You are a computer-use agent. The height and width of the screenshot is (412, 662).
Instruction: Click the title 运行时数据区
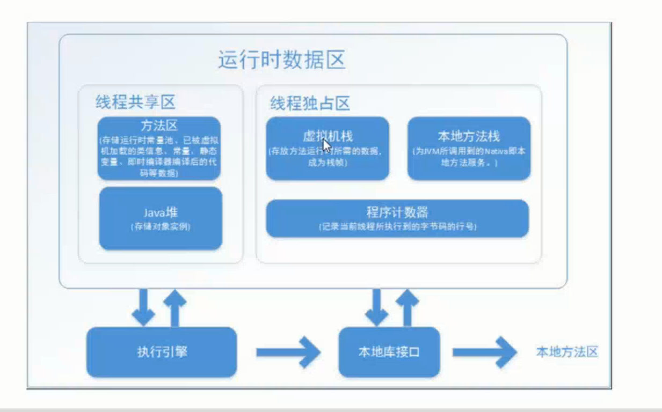281,60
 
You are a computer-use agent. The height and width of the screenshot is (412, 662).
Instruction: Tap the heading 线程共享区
135,101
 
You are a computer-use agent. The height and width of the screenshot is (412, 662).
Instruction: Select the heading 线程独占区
310,104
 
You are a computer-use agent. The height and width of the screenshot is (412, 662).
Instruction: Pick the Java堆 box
161,218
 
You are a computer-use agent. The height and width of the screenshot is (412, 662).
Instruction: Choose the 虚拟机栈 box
328,149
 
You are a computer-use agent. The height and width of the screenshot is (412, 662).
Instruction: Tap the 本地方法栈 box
469,149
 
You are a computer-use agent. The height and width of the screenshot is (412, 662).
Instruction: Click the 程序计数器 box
397,218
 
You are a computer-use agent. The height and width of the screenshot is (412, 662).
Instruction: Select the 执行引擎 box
162,352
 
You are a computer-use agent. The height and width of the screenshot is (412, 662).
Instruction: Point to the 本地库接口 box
389,352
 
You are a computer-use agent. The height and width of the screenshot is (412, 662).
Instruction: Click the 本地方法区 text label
567,352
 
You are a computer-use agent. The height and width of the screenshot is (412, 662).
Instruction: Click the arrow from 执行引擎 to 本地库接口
288,352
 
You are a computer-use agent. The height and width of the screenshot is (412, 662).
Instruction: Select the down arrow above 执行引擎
143,307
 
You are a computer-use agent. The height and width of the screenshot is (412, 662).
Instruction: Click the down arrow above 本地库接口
376,307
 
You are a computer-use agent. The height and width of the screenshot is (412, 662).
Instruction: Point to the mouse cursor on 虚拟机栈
327,146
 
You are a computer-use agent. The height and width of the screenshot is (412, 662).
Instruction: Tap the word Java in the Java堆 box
154,213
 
